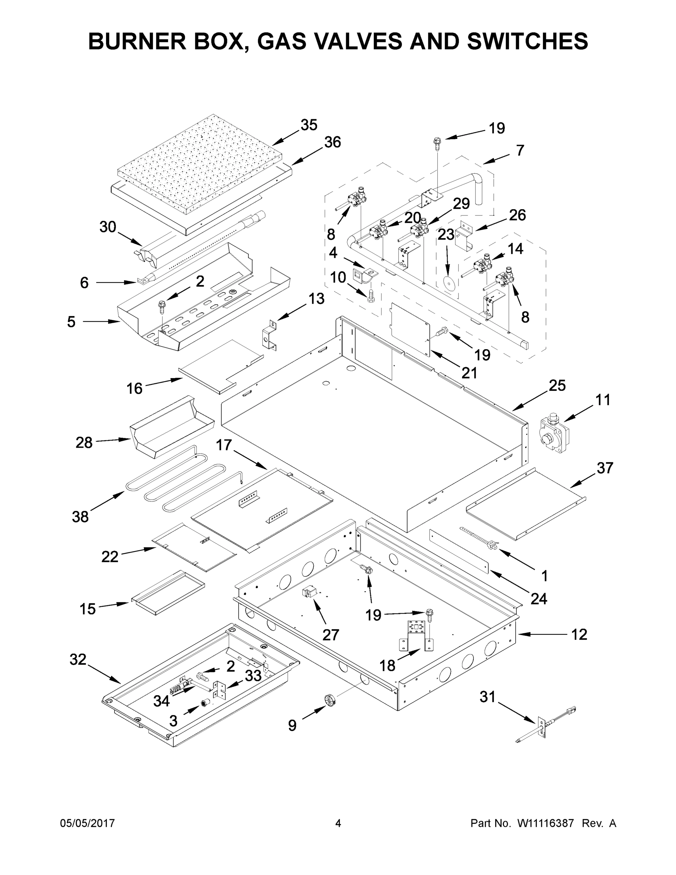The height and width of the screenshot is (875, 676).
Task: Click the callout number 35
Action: tap(309, 125)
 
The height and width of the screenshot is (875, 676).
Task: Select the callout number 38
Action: tap(80, 517)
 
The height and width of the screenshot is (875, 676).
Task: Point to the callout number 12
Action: tap(579, 634)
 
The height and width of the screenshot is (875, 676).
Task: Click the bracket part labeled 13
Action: tap(270, 335)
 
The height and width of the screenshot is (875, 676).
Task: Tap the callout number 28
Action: tap(84, 443)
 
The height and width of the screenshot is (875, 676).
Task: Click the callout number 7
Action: tap(520, 150)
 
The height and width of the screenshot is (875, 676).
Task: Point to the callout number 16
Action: tap(134, 388)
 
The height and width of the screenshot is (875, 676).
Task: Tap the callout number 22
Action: tap(110, 556)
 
